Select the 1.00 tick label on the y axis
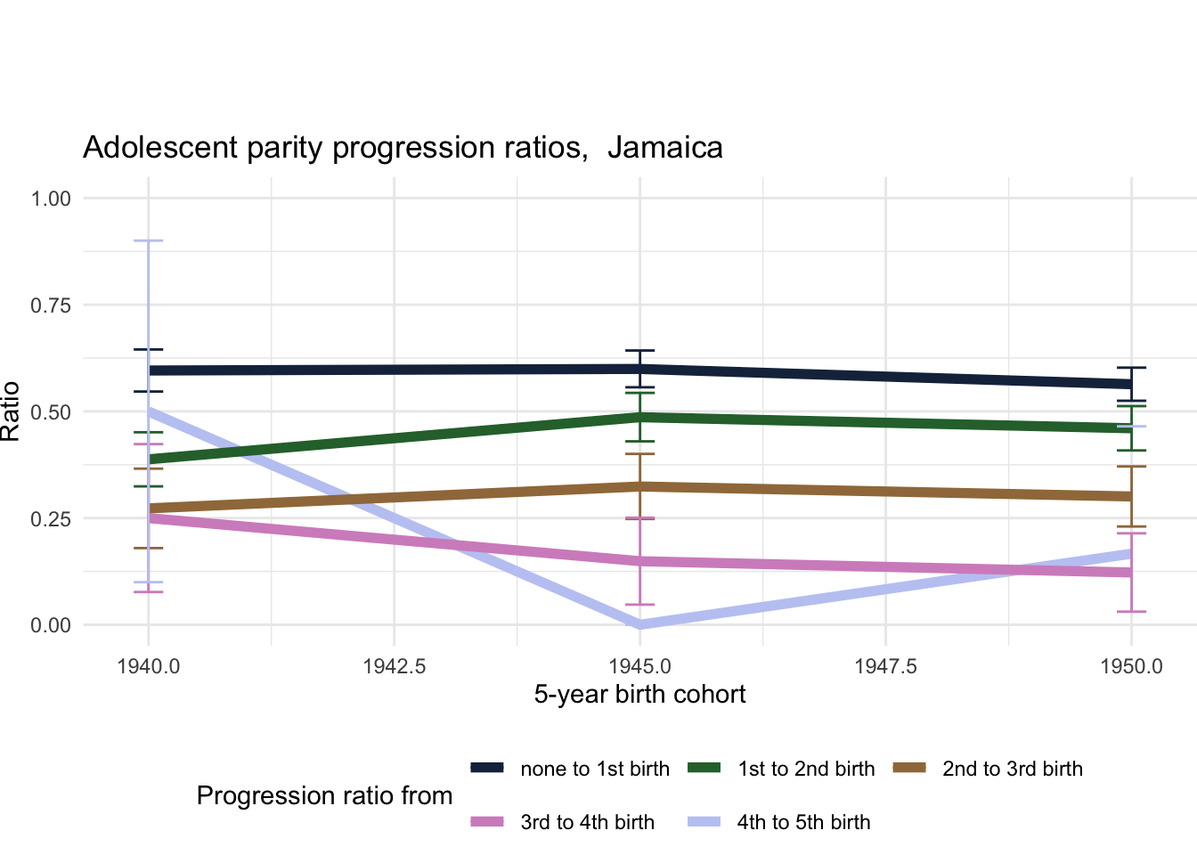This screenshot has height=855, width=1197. pyautogui.click(x=51, y=199)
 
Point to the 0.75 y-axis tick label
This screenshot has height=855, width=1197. pyautogui.click(x=51, y=305)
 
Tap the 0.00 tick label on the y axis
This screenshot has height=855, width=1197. pyautogui.click(x=51, y=625)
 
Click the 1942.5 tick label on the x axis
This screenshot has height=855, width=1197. pyautogui.click(x=394, y=666)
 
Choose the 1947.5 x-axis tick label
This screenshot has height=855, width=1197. pyautogui.click(x=885, y=666)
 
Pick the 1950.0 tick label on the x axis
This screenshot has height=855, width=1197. pyautogui.click(x=1131, y=666)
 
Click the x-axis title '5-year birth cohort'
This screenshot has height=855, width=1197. pyautogui.click(x=639, y=695)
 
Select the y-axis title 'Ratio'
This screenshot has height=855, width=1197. pyautogui.click(x=11, y=411)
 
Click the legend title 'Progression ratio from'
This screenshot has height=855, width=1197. pyautogui.click(x=324, y=795)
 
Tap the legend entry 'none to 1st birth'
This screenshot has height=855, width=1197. pyautogui.click(x=595, y=769)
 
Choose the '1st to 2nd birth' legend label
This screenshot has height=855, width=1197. pyautogui.click(x=806, y=769)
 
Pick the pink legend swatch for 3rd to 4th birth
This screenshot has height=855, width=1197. pyautogui.click(x=487, y=821)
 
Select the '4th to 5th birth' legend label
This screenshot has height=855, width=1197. pyautogui.click(x=803, y=822)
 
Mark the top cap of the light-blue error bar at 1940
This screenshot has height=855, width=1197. pyautogui.click(x=149, y=240)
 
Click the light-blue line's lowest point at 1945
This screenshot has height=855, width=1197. pyautogui.click(x=640, y=624)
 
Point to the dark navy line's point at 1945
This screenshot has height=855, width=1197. pyautogui.click(x=640, y=369)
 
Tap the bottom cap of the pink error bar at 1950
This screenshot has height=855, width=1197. pyautogui.click(x=1131, y=611)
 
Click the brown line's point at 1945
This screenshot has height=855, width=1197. pyautogui.click(x=640, y=486)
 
